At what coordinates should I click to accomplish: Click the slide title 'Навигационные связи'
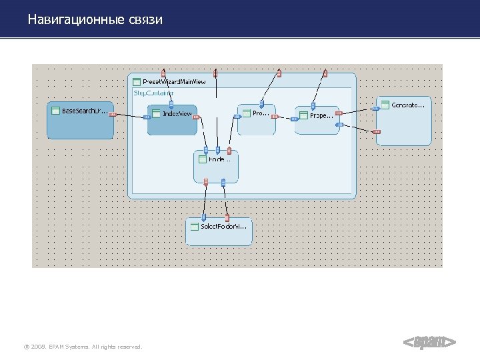pyautogui.click(x=95, y=20)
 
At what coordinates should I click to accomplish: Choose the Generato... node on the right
pyautogui.click(x=404, y=124)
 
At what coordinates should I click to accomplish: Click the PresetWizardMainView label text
pyautogui.click(x=174, y=81)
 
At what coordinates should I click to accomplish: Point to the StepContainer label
pyautogui.click(x=153, y=93)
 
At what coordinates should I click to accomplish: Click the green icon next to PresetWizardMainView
pyautogui.click(x=137, y=81)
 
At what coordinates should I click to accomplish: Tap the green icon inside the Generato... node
pyautogui.click(x=385, y=105)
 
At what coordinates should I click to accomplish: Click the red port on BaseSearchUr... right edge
pyautogui.click(x=113, y=115)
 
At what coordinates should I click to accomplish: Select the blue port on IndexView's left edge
pyautogui.click(x=147, y=117)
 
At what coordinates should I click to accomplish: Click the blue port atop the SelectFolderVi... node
pyautogui.click(x=204, y=217)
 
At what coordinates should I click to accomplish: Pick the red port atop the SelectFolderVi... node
pyautogui.click(x=227, y=217)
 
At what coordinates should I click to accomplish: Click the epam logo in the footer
pyautogui.click(x=429, y=343)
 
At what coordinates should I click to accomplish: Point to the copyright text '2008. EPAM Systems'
pyautogui.click(x=83, y=346)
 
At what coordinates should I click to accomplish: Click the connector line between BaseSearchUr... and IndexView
pyautogui.click(x=130, y=116)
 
